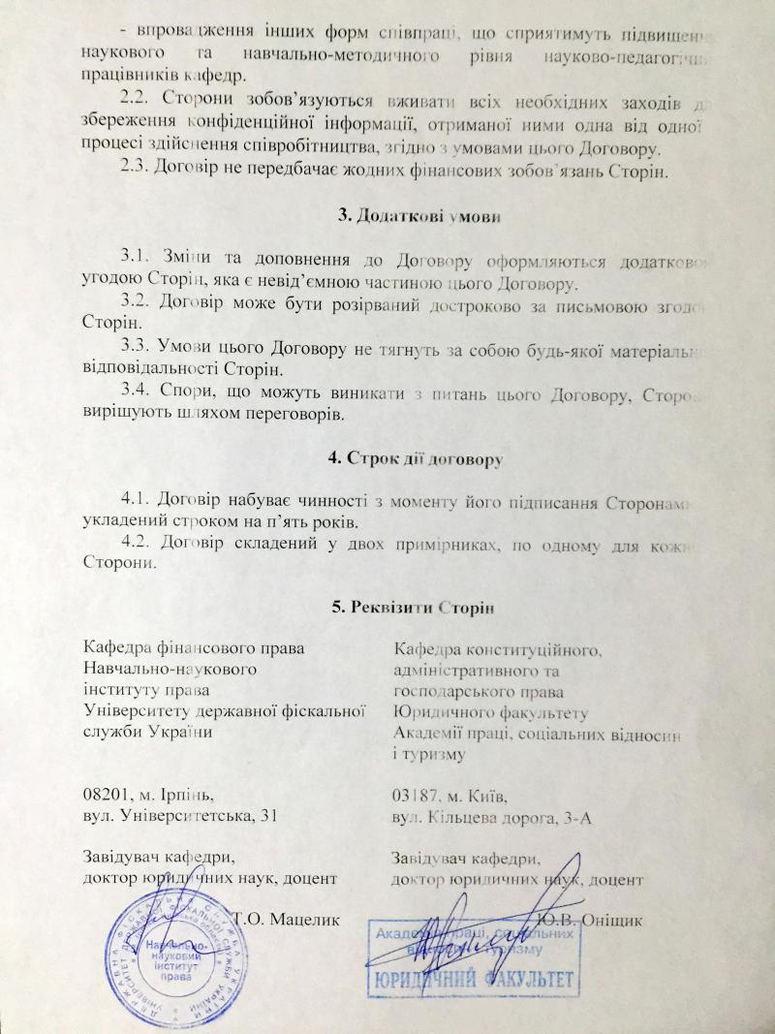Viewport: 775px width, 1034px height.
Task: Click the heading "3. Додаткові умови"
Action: [418, 215]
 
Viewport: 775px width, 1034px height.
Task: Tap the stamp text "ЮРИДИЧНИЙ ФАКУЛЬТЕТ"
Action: [471, 976]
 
